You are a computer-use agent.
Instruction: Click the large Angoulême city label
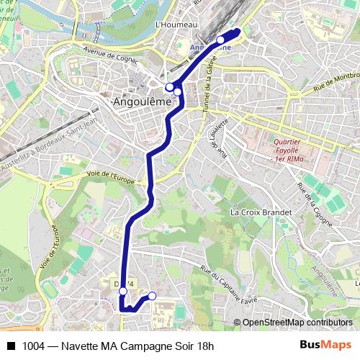tap(143, 102)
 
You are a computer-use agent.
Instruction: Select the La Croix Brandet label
tap(261, 212)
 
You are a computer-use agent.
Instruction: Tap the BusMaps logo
tap(325, 346)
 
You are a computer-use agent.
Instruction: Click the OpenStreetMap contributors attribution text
tap(297, 323)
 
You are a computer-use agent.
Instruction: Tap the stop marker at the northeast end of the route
tap(220, 40)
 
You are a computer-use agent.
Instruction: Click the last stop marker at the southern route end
tap(152, 296)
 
